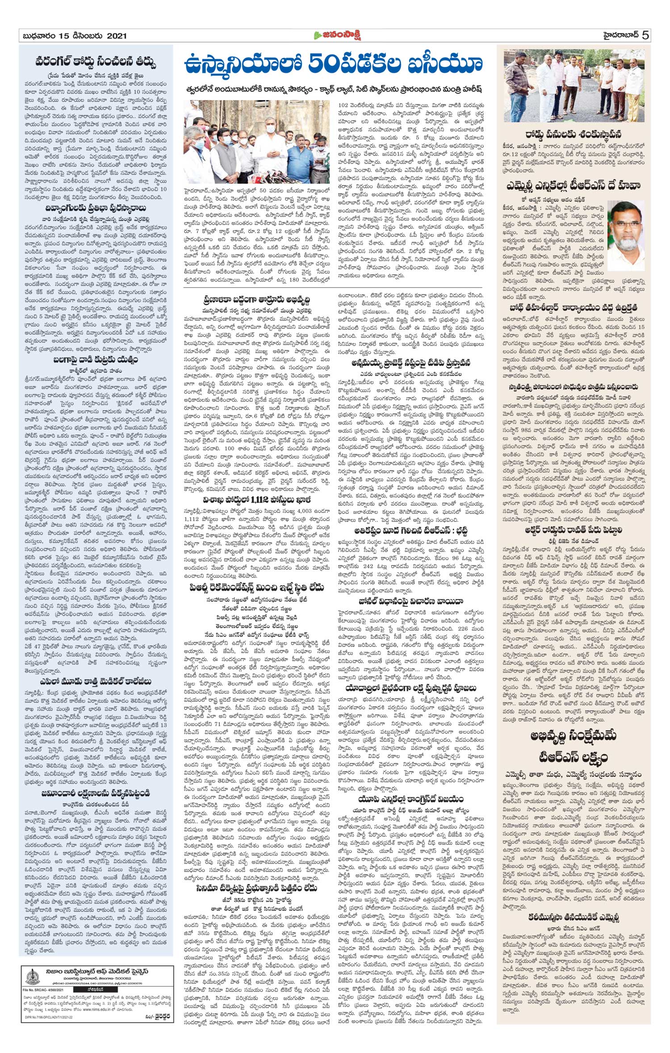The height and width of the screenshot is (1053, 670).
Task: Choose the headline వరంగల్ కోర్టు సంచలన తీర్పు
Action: [x=96, y=61]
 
